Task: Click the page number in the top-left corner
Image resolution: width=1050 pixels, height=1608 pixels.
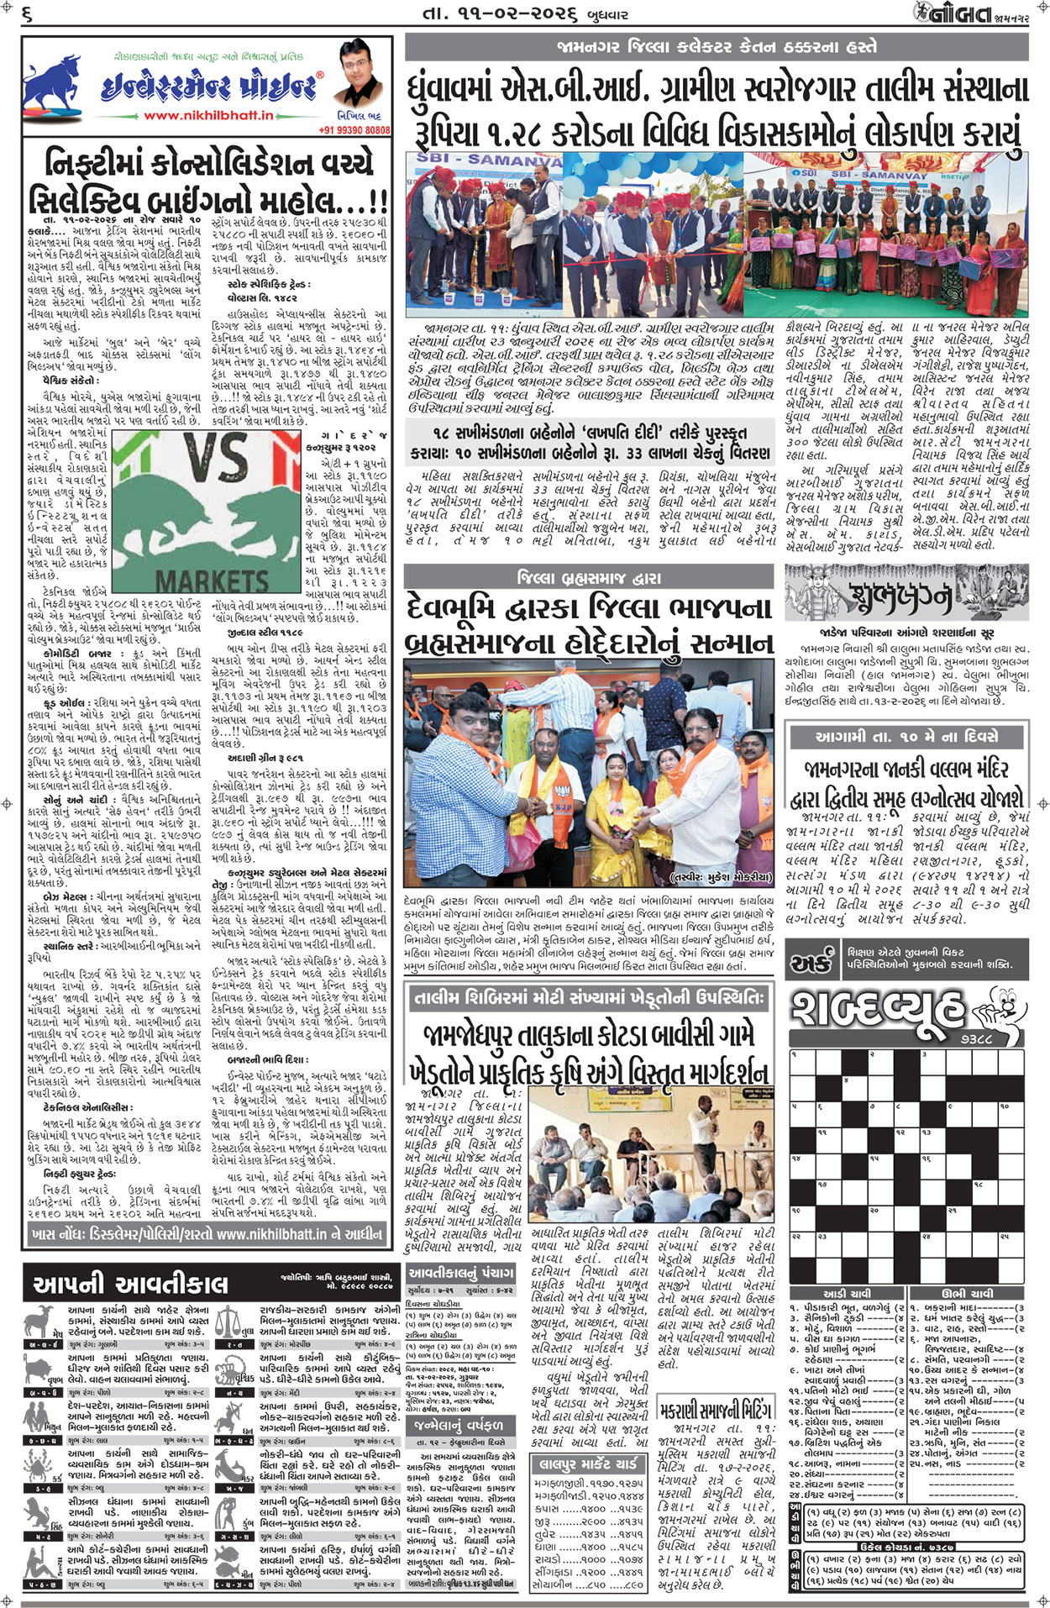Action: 27,13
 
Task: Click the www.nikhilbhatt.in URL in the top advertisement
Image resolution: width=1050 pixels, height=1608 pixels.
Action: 208,116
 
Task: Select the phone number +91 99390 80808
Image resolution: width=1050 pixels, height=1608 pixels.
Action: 354,130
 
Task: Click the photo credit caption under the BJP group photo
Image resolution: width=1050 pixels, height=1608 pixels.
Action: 719,877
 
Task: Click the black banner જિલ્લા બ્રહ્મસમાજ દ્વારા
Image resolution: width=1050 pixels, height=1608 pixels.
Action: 588,577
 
